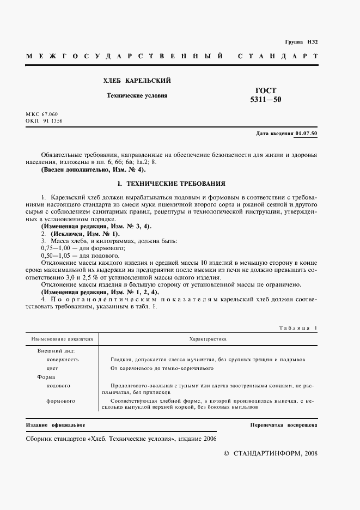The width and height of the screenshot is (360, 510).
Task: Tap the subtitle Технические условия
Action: (137, 95)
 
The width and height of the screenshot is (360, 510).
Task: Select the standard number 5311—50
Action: (266, 100)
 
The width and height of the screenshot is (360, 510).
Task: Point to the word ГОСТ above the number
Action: (266, 90)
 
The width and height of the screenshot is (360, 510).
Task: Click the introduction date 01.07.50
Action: (307, 133)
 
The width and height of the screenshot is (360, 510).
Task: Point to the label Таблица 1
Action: (297, 328)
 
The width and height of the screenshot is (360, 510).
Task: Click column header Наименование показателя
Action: (62, 339)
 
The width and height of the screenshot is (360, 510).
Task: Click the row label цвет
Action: (53, 368)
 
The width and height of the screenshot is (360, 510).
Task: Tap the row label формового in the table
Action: (61, 401)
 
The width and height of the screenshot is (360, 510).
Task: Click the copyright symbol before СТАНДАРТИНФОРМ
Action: (227, 453)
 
